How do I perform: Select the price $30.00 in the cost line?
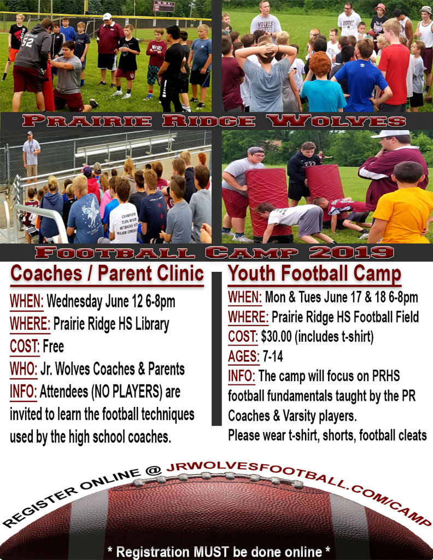pos(276,336)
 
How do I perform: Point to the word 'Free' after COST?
pos(53,346)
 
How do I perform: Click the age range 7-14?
pos(273,356)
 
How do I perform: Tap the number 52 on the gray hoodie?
pos(27,42)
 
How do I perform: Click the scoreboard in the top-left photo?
pos(164,6)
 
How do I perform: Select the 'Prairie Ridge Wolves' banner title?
pos(214,121)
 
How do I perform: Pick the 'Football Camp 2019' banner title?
pos(214,253)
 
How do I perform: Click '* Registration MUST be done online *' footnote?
pos(219,551)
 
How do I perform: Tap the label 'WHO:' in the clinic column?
pos(24,369)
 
